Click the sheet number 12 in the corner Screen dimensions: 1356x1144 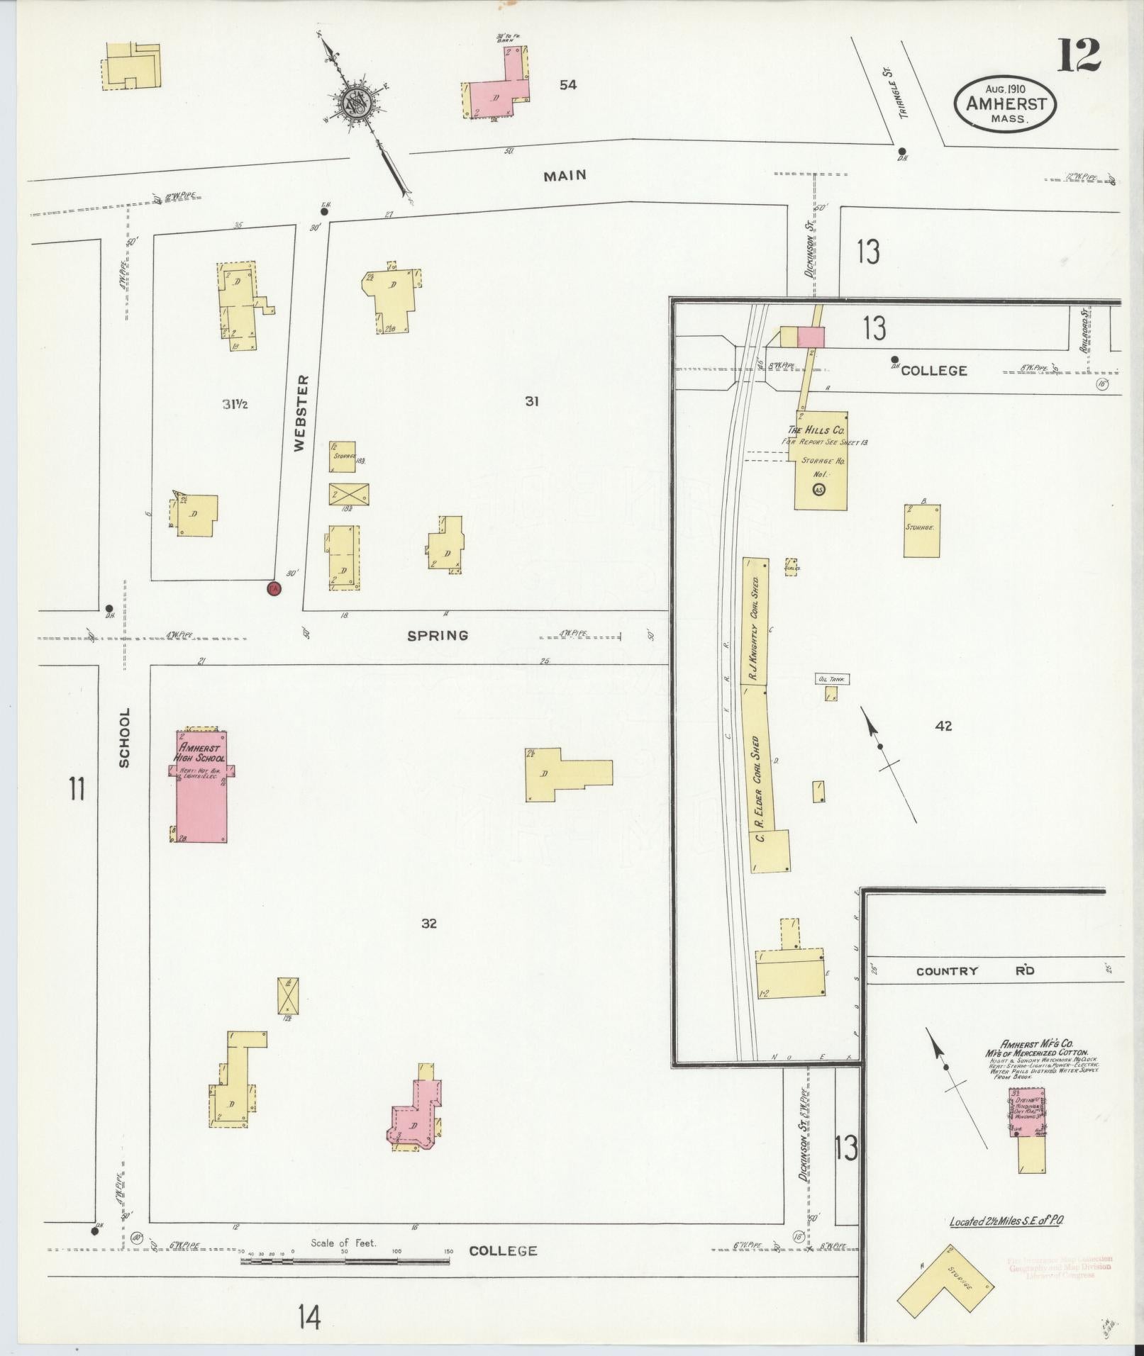point(1079,55)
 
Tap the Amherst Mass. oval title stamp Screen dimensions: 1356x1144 point(1006,103)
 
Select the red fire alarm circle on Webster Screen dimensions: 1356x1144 point(274,588)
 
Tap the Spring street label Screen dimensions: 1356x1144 point(438,636)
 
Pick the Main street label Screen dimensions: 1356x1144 point(565,175)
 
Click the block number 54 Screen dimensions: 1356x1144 point(567,85)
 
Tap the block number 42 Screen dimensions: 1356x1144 point(943,726)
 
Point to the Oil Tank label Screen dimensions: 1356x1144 point(833,679)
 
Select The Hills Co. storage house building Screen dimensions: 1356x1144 point(821,459)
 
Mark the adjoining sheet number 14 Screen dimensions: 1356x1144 point(309,1317)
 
